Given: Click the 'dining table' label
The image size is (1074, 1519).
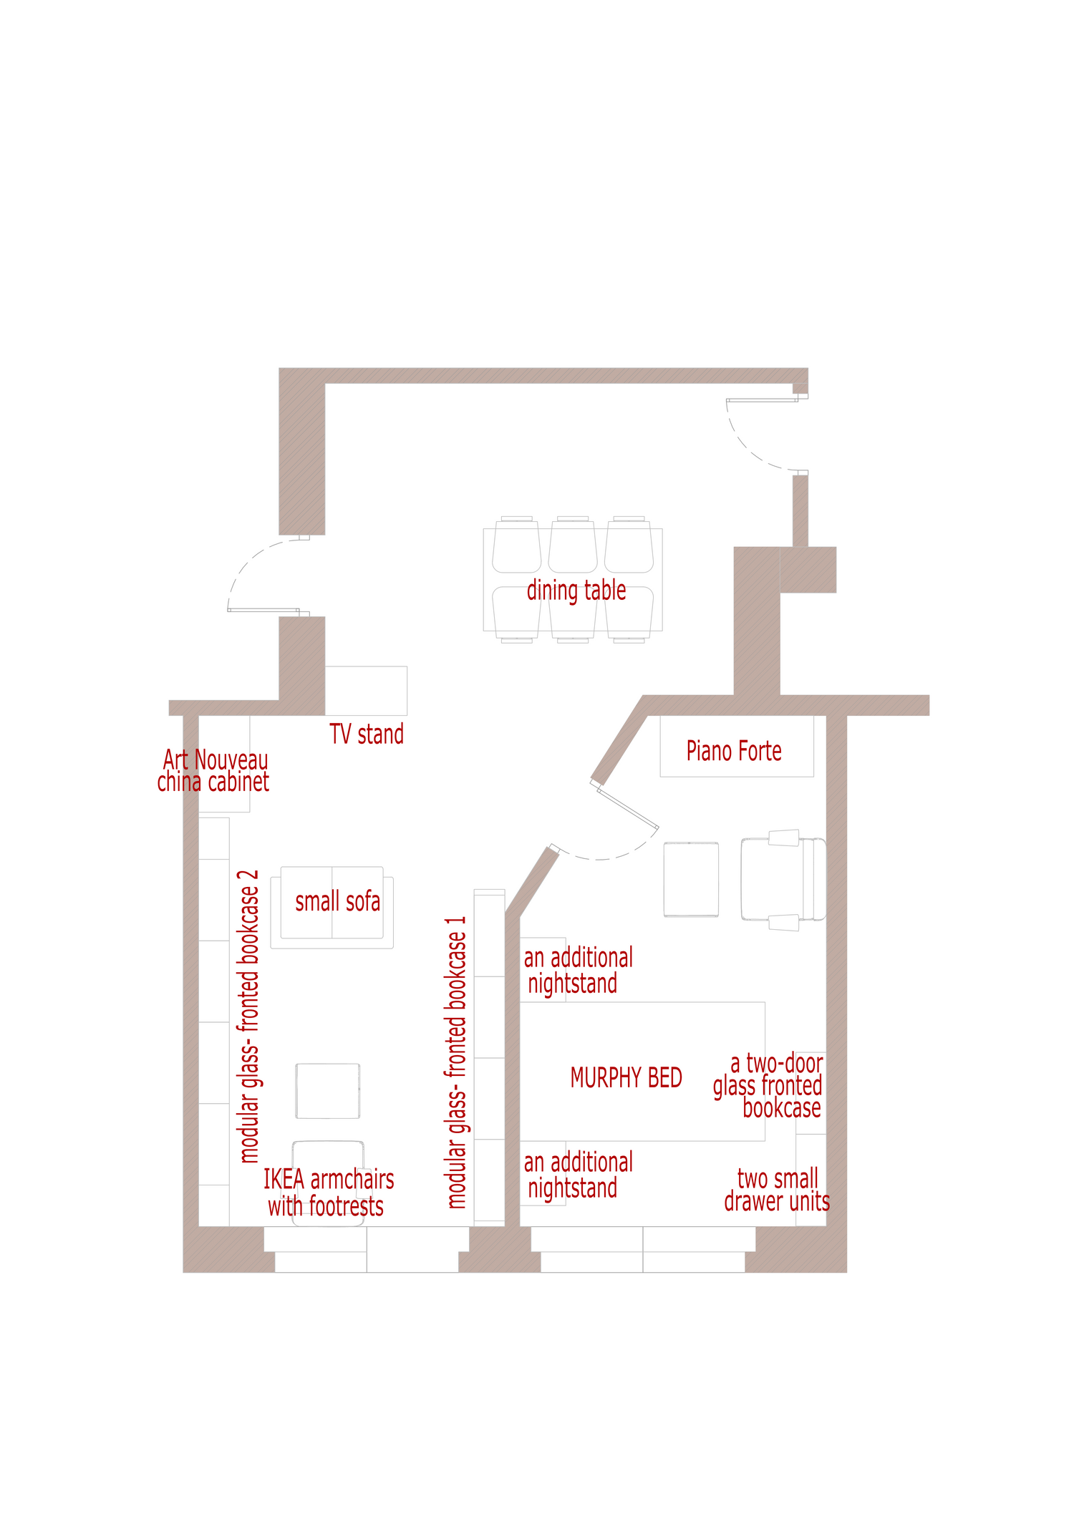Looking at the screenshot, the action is [576, 591].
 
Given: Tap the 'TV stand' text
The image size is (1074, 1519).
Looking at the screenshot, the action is [367, 734].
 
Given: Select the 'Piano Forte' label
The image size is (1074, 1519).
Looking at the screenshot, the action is [734, 751].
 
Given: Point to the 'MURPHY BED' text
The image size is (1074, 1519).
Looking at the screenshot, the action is [626, 1077].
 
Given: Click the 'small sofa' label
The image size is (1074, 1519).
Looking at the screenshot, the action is [338, 902].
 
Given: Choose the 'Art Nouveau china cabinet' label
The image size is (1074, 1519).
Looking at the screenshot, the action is [213, 771].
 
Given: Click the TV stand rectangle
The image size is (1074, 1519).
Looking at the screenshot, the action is [366, 691].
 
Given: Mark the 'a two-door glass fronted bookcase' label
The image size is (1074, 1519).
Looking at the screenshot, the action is [768, 1086].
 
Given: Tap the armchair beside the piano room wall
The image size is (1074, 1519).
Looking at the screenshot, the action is [783, 880].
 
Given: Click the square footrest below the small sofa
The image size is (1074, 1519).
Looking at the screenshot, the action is [328, 1091].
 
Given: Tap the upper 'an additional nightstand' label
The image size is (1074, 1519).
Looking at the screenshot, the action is [579, 971].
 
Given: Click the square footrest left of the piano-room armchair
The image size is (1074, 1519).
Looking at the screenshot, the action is [691, 880].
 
